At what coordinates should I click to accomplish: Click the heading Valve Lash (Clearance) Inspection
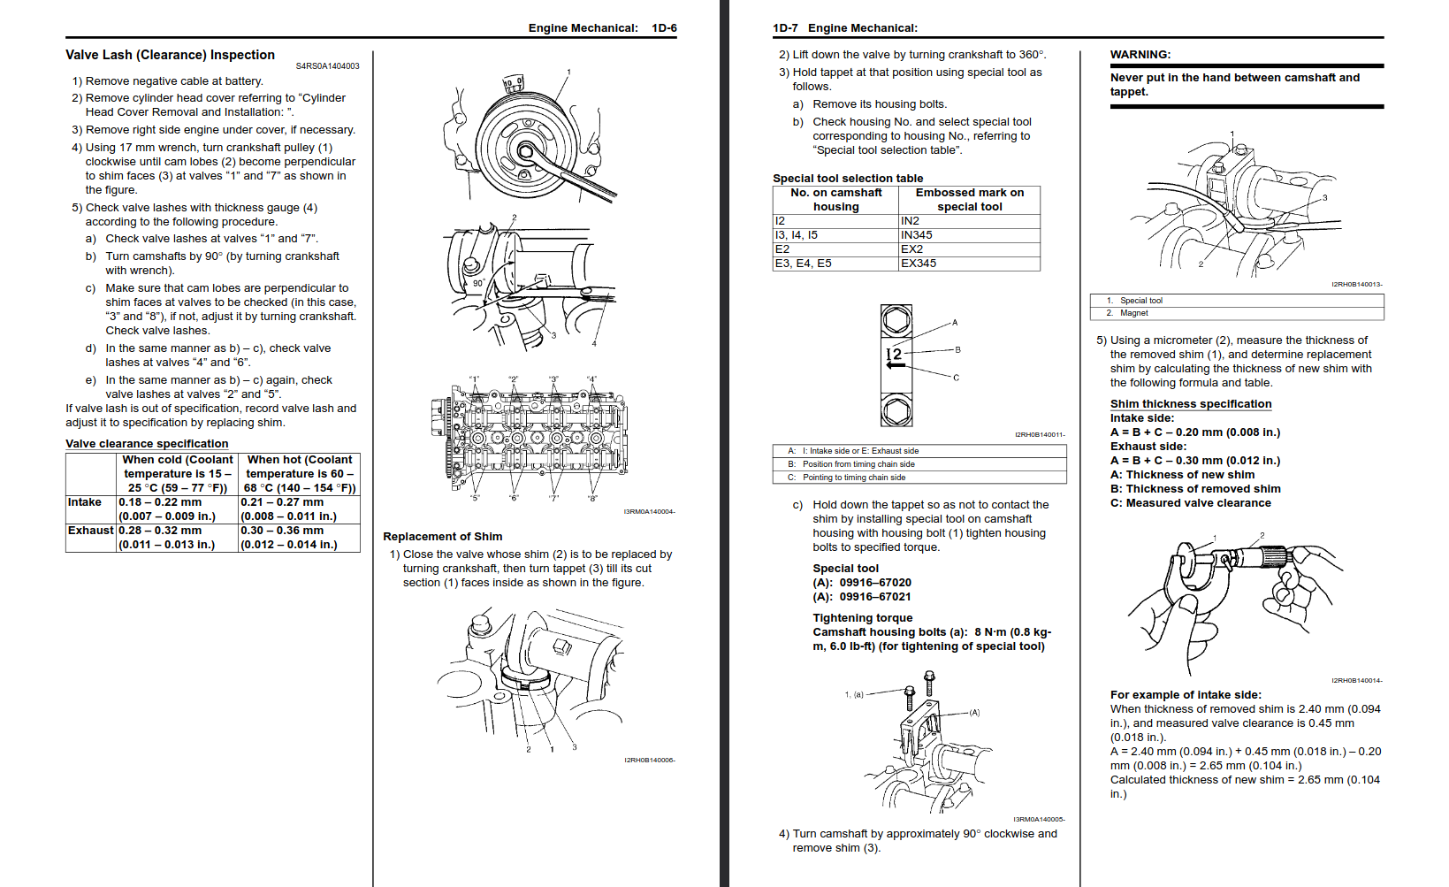click(x=170, y=55)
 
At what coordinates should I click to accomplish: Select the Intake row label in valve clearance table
click(x=85, y=502)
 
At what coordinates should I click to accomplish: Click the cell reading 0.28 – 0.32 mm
click(x=160, y=531)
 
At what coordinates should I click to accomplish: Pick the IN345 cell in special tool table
click(x=917, y=235)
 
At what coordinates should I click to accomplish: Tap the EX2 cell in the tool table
click(x=911, y=249)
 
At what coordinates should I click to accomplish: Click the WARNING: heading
click(x=1140, y=55)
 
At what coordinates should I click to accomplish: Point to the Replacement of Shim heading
click(x=442, y=537)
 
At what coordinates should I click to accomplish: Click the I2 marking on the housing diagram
click(x=894, y=354)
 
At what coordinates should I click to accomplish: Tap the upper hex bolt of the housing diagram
click(x=896, y=319)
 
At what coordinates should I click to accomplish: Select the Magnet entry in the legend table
click(x=1133, y=313)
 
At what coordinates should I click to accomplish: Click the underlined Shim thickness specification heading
click(x=1191, y=404)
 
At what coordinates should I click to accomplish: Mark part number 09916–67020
click(x=874, y=583)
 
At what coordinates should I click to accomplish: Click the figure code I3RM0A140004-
click(x=649, y=512)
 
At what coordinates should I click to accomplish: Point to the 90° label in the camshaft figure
click(x=478, y=284)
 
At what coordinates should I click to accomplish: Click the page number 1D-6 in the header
click(x=664, y=28)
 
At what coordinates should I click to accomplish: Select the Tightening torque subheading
click(x=862, y=618)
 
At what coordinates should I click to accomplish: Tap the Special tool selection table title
click(x=847, y=179)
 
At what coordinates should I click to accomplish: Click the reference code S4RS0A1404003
click(x=327, y=66)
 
